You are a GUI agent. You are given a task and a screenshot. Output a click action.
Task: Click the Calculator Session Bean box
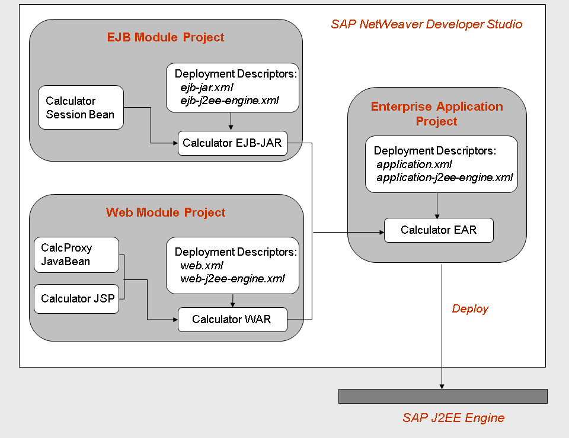pyautogui.click(x=81, y=107)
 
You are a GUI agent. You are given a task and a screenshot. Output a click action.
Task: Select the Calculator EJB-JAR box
pyautogui.click(x=232, y=143)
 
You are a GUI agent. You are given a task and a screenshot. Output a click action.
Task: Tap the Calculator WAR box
pyautogui.click(x=232, y=320)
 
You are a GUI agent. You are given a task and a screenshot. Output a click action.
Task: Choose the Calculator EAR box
pyautogui.click(x=439, y=230)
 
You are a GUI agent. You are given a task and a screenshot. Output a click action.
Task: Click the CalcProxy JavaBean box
pyautogui.click(x=76, y=255)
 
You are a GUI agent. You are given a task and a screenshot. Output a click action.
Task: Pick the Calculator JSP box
pyautogui.click(x=76, y=299)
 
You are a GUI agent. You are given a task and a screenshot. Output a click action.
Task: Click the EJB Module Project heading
pyautogui.click(x=165, y=37)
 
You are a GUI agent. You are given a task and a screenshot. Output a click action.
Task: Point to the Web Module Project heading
pyautogui.click(x=165, y=212)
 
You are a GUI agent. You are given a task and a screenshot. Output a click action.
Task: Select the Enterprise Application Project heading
pyautogui.click(x=437, y=114)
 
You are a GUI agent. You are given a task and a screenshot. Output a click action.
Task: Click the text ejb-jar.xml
pyautogui.click(x=207, y=88)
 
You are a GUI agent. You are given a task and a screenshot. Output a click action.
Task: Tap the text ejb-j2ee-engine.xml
pyautogui.click(x=230, y=101)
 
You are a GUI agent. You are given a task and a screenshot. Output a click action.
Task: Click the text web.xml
pyautogui.click(x=202, y=266)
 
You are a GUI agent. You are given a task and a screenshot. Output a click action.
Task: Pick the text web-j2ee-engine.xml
pyautogui.click(x=232, y=279)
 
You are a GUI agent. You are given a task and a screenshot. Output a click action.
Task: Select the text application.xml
pyautogui.click(x=414, y=165)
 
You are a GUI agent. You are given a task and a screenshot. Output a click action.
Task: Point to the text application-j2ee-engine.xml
pyautogui.click(x=445, y=178)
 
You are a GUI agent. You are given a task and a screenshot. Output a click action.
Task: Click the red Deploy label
pyautogui.click(x=470, y=308)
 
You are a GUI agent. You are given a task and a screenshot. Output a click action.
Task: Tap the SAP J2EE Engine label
pyautogui.click(x=453, y=418)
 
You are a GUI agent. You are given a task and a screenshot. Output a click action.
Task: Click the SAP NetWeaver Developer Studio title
pyautogui.click(x=427, y=24)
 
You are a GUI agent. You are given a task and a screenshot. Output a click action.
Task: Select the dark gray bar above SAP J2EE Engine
pyautogui.click(x=443, y=397)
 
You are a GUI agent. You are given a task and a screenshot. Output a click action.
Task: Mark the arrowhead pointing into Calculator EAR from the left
pyautogui.click(x=382, y=232)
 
